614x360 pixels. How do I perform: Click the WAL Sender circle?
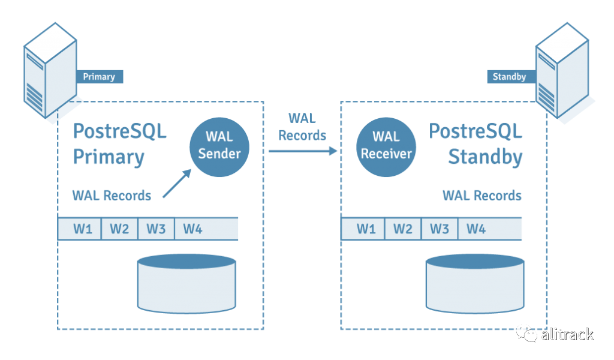tap(219, 146)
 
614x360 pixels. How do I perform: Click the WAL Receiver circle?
tap(386, 146)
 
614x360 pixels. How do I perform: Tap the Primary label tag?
tap(99, 77)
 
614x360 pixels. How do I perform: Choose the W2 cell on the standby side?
tap(402, 229)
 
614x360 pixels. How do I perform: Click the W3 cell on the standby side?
tap(440, 229)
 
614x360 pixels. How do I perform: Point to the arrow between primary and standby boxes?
tap(302, 151)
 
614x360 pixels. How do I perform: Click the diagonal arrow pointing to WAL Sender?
tap(176, 183)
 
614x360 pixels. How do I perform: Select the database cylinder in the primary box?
tap(188, 282)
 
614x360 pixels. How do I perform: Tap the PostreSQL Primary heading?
tap(119, 144)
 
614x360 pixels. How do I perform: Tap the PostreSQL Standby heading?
tap(476, 144)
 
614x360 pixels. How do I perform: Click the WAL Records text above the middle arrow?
tap(302, 127)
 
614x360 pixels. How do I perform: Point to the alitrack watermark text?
tap(567, 334)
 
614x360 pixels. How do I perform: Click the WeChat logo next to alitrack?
tap(528, 334)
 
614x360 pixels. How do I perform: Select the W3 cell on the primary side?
tap(156, 229)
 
